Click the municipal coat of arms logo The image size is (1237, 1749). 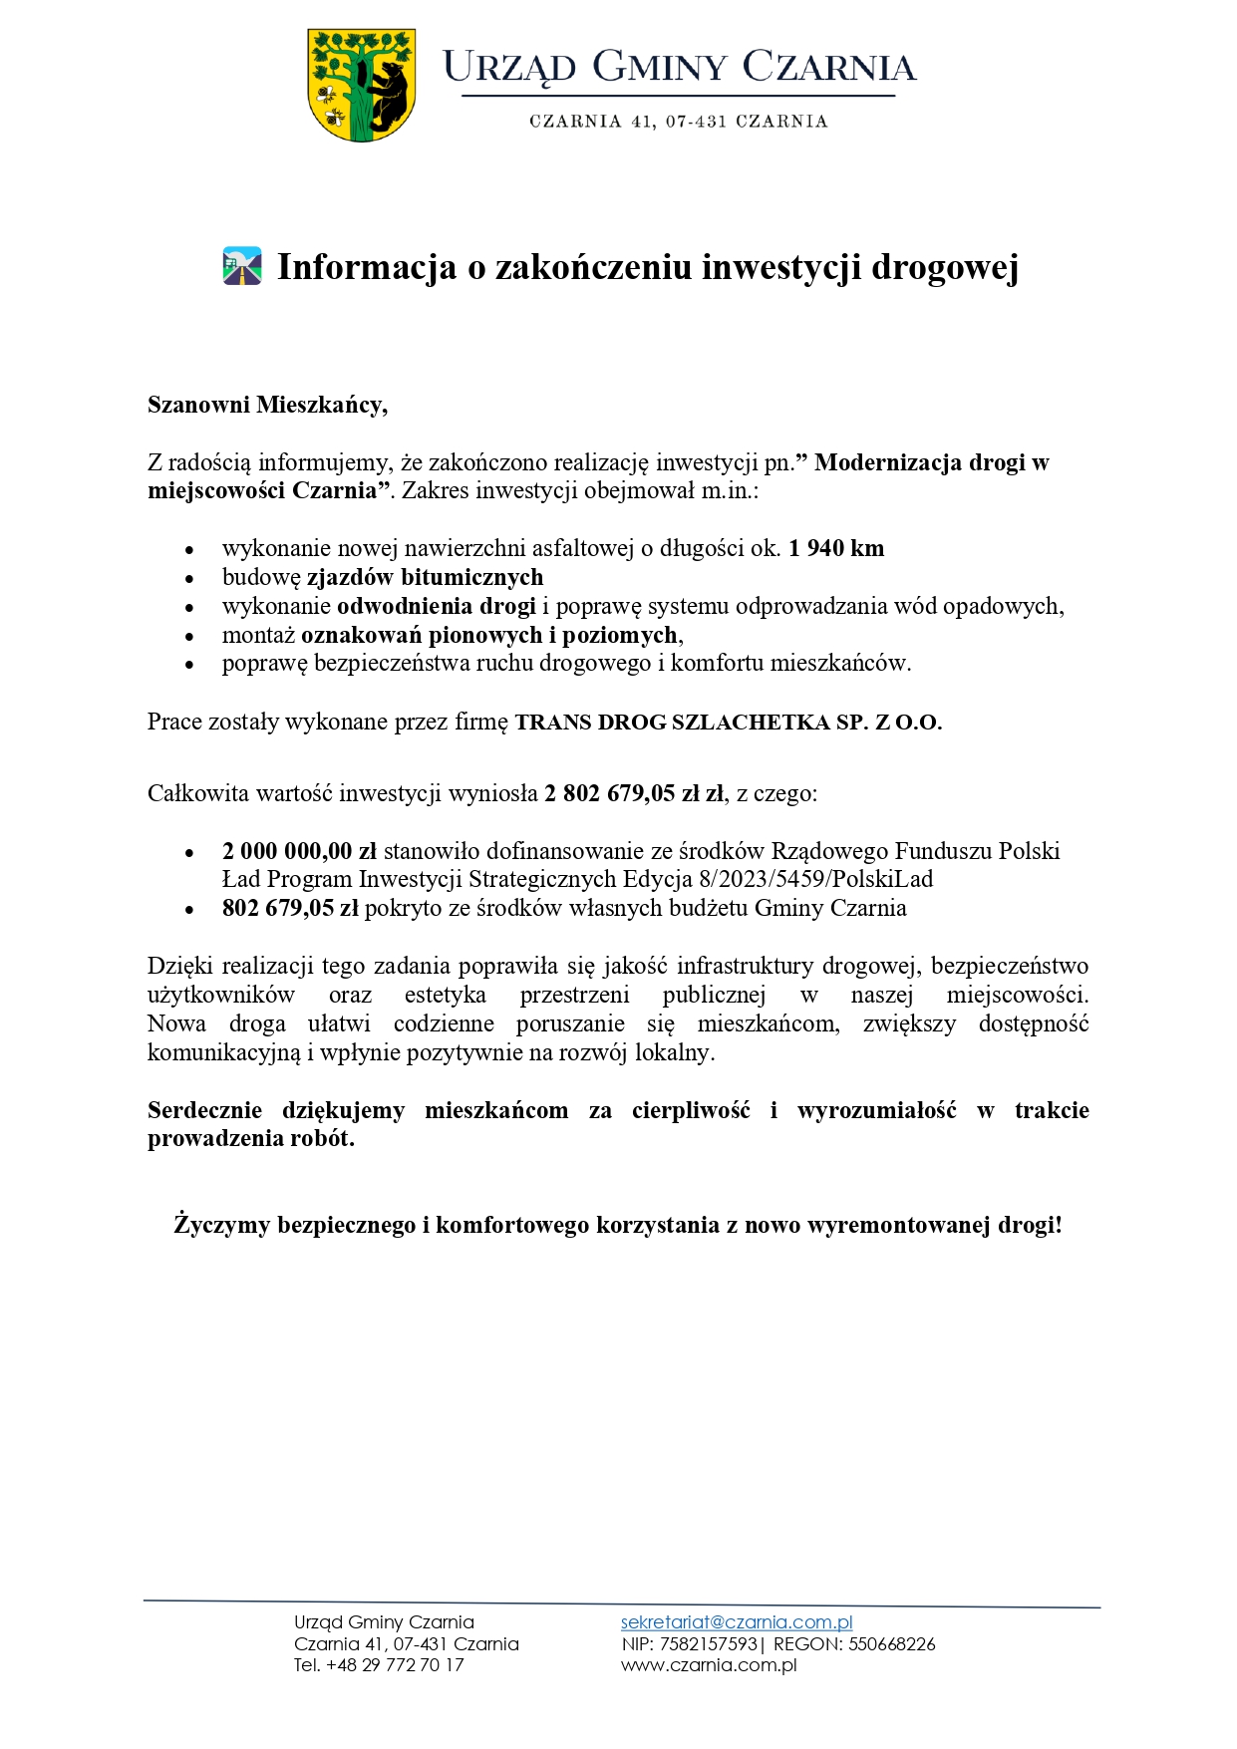pos(361,85)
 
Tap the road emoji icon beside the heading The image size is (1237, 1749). pos(242,267)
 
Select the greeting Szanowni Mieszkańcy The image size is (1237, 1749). pos(267,405)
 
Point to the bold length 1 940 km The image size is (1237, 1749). pos(836,548)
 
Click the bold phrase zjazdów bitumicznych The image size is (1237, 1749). pos(425,577)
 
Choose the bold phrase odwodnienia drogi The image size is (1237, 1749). pos(437,606)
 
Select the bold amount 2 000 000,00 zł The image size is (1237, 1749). pos(299,851)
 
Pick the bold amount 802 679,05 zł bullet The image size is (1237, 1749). pos(290,908)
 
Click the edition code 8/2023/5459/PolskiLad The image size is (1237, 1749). pos(815,879)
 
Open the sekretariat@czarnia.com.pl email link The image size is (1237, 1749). pos(737,1622)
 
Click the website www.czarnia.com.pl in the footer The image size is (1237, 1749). pos(709,1664)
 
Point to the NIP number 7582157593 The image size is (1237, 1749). pos(708,1643)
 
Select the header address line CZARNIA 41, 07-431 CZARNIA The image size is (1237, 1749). pos(678,122)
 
